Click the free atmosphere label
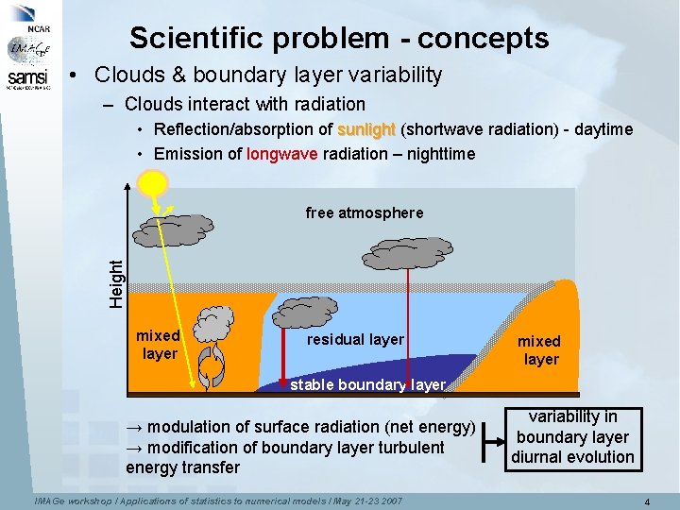pyautogui.click(x=365, y=213)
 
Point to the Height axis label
pyautogui.click(x=115, y=282)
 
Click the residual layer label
pyautogui.click(x=356, y=340)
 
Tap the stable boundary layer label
pyautogui.click(x=367, y=385)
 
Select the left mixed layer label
pyautogui.click(x=159, y=344)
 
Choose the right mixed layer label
pyautogui.click(x=539, y=349)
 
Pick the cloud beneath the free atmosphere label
pyautogui.click(x=409, y=252)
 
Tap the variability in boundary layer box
pyautogui.click(x=572, y=437)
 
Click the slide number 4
pyautogui.click(x=645, y=501)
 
